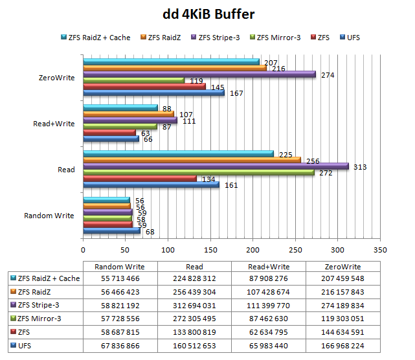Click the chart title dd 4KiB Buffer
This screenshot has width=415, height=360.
(208, 14)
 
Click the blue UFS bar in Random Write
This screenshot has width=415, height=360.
(111, 231)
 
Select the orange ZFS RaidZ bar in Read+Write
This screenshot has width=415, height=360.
(128, 114)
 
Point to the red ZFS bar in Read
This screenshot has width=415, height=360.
(139, 179)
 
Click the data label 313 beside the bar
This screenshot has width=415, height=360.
(360, 167)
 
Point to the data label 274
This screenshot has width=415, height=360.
(328, 75)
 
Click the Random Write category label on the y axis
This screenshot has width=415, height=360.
(49, 216)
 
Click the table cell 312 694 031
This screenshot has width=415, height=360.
(194, 304)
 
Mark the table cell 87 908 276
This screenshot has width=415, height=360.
(268, 279)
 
